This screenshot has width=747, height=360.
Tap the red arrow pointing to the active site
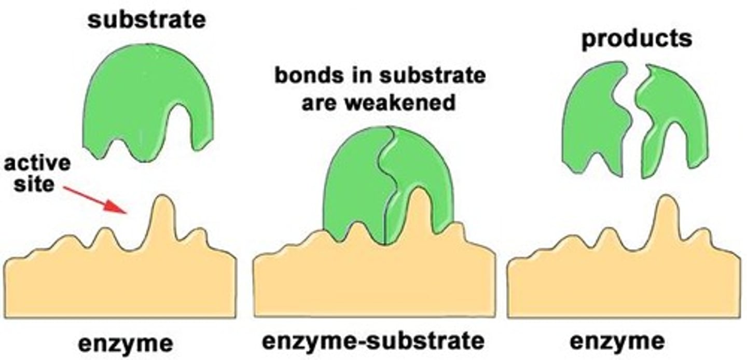95,200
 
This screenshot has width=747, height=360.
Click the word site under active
34,183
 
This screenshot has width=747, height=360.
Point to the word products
637,39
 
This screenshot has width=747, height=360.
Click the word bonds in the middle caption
305,76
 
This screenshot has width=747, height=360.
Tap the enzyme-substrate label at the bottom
373,341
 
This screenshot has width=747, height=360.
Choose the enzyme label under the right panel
617,341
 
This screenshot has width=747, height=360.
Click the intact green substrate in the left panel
140,93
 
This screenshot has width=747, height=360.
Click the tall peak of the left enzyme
164,213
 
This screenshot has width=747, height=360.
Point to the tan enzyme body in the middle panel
374,285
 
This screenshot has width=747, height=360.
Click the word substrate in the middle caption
433,76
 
